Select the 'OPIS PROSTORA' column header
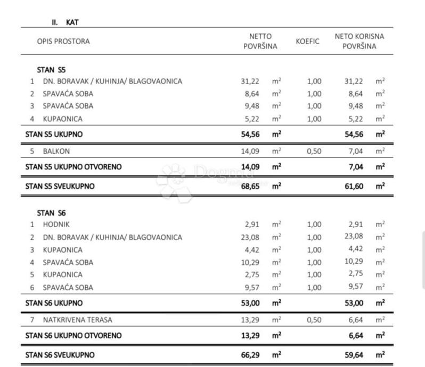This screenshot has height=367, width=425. pyautogui.click(x=63, y=41)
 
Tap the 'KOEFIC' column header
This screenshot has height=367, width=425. pyautogui.click(x=308, y=41)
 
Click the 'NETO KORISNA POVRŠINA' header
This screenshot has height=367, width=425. pyautogui.click(x=359, y=41)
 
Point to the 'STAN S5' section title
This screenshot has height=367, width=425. pyautogui.click(x=51, y=69)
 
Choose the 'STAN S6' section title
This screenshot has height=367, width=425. pyautogui.click(x=51, y=212)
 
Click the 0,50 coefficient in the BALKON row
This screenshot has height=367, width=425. pyautogui.click(x=314, y=151)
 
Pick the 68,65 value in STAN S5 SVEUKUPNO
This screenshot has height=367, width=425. pyautogui.click(x=250, y=186)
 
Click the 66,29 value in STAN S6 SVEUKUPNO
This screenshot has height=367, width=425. pyautogui.click(x=250, y=354)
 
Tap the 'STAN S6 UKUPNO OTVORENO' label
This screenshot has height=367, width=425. pyautogui.click(x=73, y=336)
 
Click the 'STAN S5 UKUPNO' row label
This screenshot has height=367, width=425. pyautogui.click(x=54, y=134)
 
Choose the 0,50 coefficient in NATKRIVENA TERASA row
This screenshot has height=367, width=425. pyautogui.click(x=314, y=320)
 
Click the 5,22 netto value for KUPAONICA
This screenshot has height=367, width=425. pyautogui.click(x=250, y=119)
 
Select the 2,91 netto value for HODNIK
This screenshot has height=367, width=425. pyautogui.click(x=250, y=224)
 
